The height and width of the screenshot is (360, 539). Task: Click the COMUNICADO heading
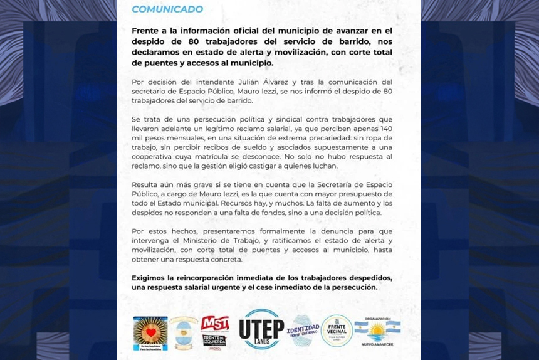[167, 9]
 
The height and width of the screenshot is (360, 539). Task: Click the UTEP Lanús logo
[262, 329]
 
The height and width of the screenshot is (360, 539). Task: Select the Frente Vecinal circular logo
[337, 331]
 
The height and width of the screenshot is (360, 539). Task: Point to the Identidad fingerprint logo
[303, 331]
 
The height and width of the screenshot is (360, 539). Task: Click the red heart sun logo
[150, 333]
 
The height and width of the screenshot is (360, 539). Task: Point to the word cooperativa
[156, 156]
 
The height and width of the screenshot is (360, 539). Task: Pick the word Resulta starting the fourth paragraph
[146, 184]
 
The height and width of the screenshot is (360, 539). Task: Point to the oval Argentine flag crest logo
[184, 333]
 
